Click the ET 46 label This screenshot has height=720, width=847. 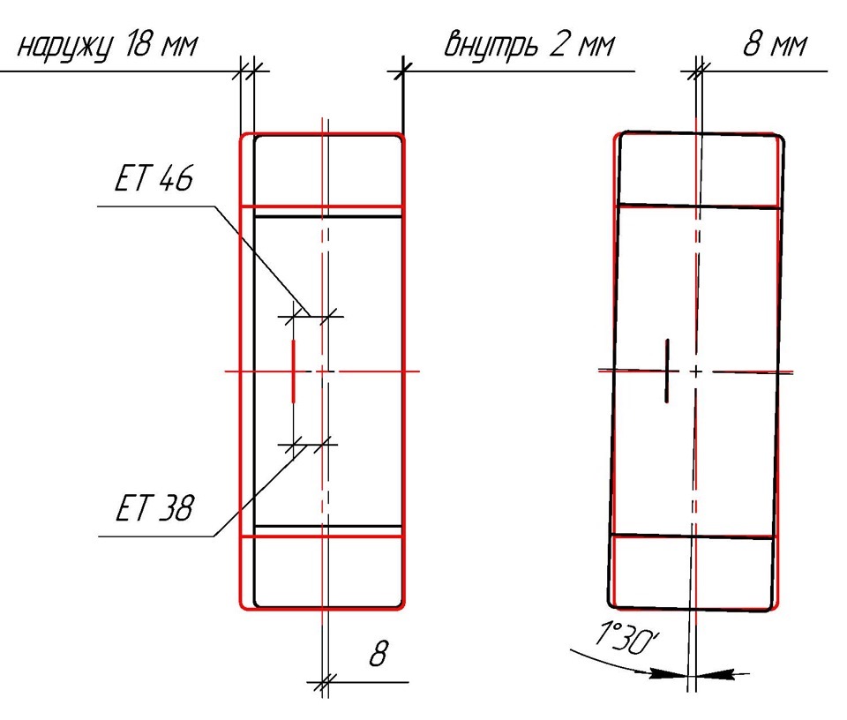pos(154,177)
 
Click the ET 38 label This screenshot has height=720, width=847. pos(154,507)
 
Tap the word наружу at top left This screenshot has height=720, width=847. pos(65,47)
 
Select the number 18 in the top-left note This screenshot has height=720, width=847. pos(138,44)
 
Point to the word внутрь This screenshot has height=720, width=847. pos(491,45)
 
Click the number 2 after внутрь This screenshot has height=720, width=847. pos(558,44)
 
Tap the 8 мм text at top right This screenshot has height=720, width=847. pos(776,44)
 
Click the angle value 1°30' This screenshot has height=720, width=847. pos(626,636)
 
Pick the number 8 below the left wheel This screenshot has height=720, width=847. pos(379,653)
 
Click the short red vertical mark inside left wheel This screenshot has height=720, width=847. pos(293,371)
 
